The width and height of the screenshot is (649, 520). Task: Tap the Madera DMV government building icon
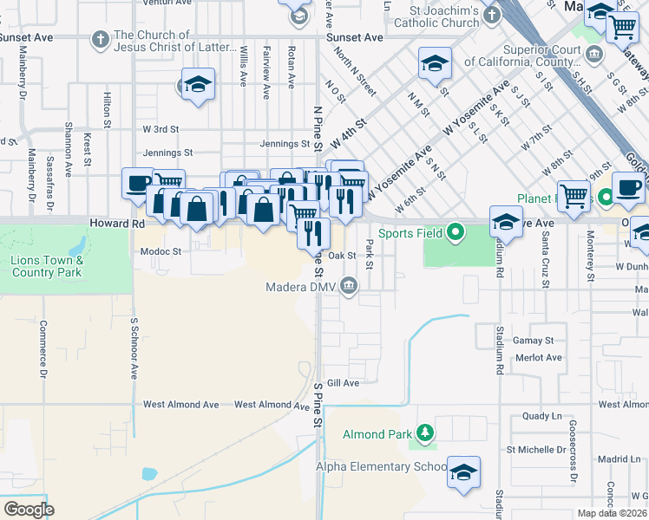[349, 285]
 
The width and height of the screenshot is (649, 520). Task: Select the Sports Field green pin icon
[457, 232]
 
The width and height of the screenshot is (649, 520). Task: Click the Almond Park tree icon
[424, 432]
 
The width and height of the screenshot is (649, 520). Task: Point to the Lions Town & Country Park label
[48, 266]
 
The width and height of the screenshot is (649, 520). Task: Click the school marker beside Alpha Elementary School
[463, 471]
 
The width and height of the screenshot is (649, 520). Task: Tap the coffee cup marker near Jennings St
[138, 183]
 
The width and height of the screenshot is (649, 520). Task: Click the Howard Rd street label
[116, 224]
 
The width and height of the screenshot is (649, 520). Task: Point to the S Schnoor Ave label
[134, 348]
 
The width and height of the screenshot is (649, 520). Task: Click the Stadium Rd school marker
[506, 222]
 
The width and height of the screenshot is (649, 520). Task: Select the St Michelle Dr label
[536, 450]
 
